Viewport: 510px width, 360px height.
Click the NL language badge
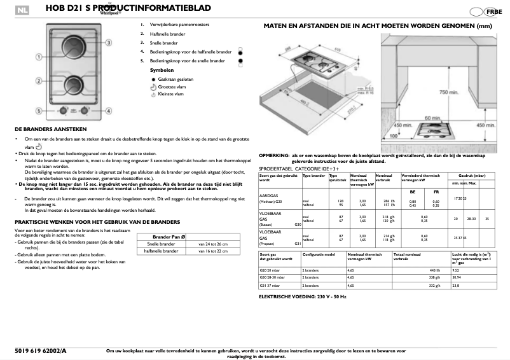click(24, 10)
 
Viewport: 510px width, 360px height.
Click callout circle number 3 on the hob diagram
click(109, 42)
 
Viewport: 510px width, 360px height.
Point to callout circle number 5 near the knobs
click(38, 111)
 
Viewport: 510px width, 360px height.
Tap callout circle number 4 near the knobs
click(108, 111)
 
